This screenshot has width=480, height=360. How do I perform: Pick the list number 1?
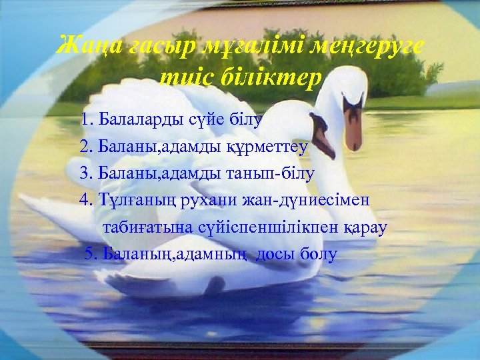pos(84,120)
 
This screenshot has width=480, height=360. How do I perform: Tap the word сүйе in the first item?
pos(204,120)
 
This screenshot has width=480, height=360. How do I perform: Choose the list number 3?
pos(84,173)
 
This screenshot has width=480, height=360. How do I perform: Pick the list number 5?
pos(89,254)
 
